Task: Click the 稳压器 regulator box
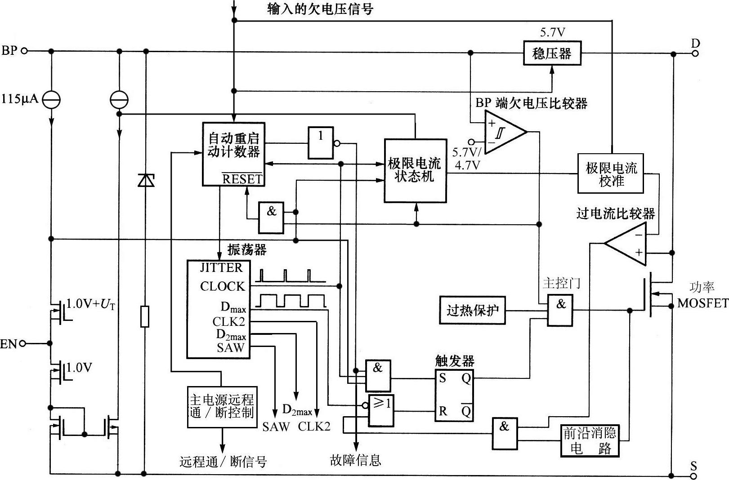pyautogui.click(x=552, y=53)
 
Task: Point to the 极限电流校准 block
pyautogui.click(x=611, y=174)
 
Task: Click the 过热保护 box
pyautogui.click(x=472, y=310)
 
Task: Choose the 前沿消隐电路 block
pyautogui.click(x=589, y=441)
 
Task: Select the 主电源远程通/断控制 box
pyautogui.click(x=222, y=407)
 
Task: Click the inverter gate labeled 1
pyautogui.click(x=321, y=142)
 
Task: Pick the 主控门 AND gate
pyautogui.click(x=560, y=310)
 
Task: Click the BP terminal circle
pyautogui.click(x=24, y=51)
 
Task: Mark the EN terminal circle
pyautogui.click(x=22, y=344)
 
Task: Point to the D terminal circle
pyautogui.click(x=695, y=53)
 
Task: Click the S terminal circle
pyautogui.click(x=694, y=476)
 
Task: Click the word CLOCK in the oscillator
pyautogui.click(x=222, y=286)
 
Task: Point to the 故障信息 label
pyautogui.click(x=355, y=460)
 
